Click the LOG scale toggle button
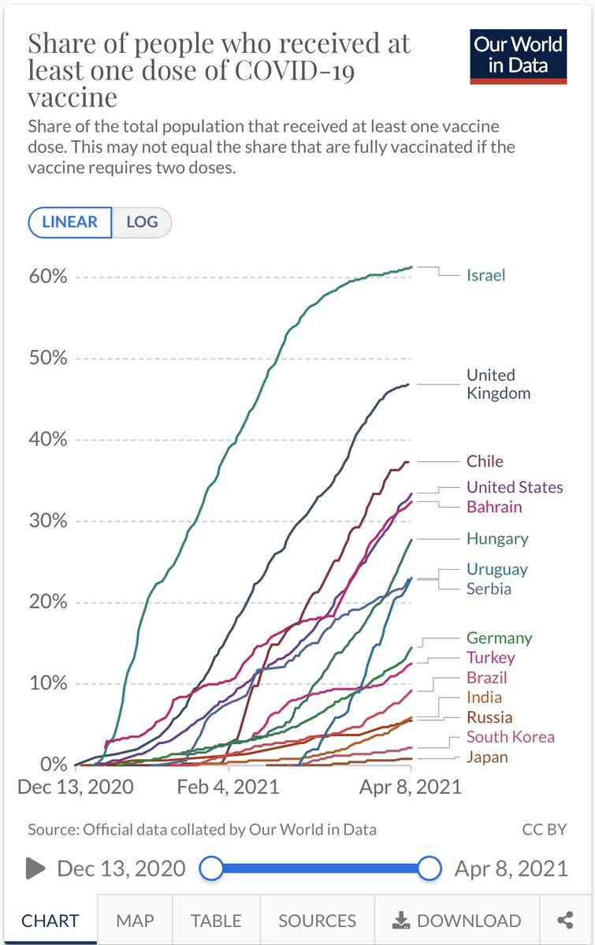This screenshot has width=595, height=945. point(143,221)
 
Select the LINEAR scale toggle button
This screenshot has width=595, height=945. point(70,221)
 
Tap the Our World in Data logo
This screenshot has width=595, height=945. point(518,56)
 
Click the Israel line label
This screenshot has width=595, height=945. point(486,275)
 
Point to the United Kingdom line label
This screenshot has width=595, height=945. point(499,384)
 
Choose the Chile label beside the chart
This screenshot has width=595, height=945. point(485,461)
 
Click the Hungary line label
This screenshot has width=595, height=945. point(497,539)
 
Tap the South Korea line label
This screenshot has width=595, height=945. point(511,736)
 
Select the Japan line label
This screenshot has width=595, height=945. point(487,757)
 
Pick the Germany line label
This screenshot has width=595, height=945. point(499,638)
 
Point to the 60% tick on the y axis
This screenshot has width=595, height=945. point(48,276)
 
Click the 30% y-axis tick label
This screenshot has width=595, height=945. point(48,520)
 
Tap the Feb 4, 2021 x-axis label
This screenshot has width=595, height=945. point(228,787)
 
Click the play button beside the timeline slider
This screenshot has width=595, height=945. point(35,869)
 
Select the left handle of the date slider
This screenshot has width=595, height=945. point(211,869)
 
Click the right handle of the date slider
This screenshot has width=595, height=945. point(429,869)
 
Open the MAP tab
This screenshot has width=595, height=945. point(135,921)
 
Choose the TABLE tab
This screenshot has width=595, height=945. point(217,921)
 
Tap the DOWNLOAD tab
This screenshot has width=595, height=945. point(457,921)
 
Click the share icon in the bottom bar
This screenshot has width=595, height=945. point(566,921)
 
